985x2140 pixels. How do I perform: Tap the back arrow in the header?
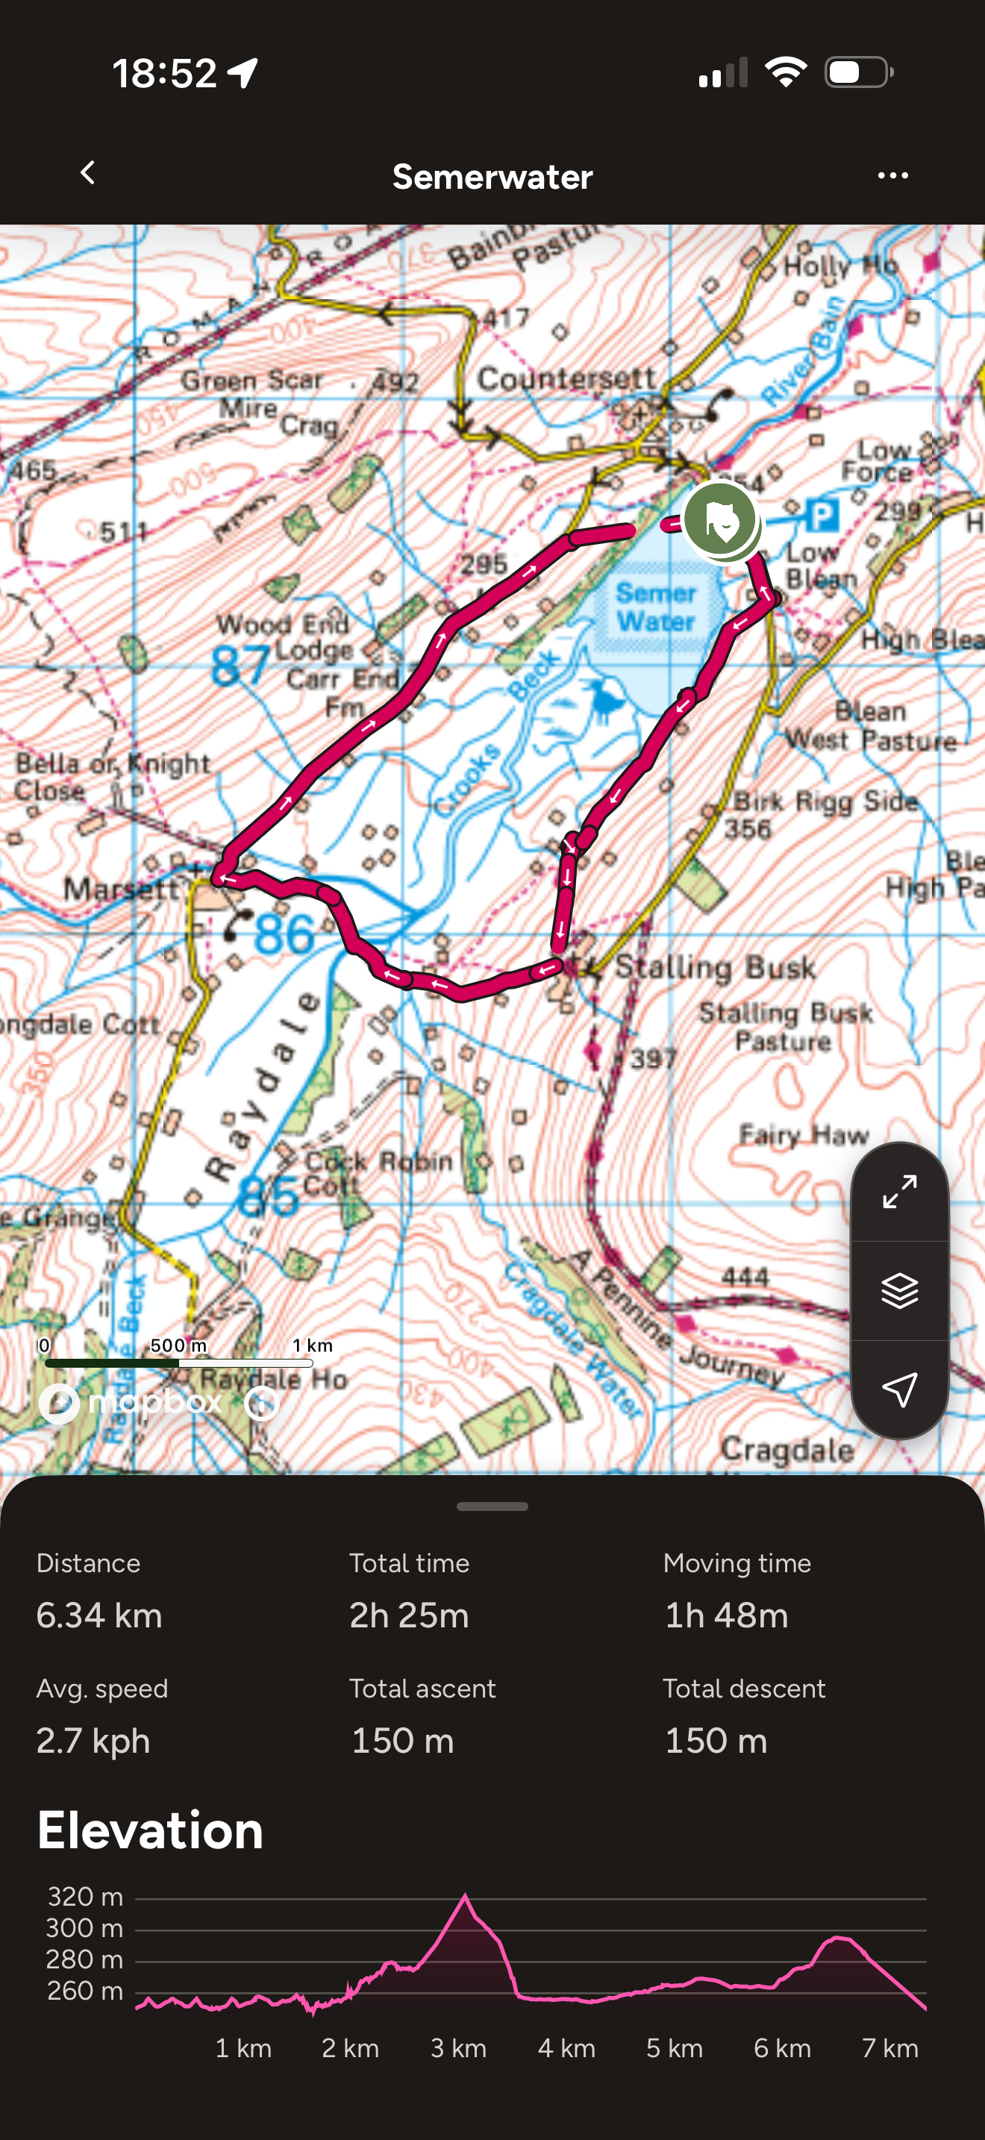click(87, 173)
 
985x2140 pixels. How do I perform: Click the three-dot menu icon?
click(892, 175)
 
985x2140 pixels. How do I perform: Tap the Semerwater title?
click(492, 177)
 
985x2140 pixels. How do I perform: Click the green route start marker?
click(720, 520)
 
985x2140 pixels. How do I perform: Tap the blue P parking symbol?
click(821, 516)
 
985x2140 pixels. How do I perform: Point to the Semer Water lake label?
click(655, 607)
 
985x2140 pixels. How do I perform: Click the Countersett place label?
click(566, 379)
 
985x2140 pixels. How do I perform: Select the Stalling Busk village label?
click(714, 967)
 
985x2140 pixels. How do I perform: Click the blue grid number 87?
click(240, 666)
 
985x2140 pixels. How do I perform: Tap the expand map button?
click(899, 1192)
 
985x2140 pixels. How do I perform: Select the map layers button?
click(899, 1290)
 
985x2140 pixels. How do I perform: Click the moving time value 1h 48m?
click(726, 1615)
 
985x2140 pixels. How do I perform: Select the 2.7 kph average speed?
click(93, 1740)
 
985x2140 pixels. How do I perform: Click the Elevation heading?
click(150, 1831)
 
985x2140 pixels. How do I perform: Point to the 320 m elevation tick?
click(85, 1897)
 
